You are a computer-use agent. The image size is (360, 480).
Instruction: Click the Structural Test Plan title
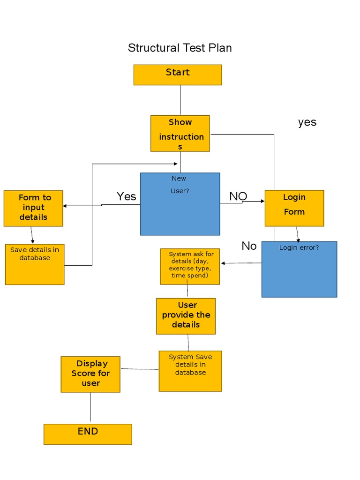(x=180, y=48)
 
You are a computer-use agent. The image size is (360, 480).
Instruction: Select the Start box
(x=178, y=75)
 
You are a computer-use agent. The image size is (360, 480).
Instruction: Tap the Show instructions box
(x=180, y=134)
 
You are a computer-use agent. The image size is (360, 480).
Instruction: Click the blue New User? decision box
(x=180, y=204)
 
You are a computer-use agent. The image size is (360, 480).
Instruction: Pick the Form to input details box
(x=33, y=208)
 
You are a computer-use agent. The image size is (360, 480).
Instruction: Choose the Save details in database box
(x=35, y=264)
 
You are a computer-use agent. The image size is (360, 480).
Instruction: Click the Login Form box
(x=294, y=208)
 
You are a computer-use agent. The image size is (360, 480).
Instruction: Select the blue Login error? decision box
(x=299, y=269)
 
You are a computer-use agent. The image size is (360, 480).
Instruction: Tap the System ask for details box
(x=190, y=267)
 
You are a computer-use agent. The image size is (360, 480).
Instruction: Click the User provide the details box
(x=186, y=316)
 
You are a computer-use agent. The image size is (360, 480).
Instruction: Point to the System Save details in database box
(x=190, y=371)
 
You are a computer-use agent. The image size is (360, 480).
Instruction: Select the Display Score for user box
(x=90, y=374)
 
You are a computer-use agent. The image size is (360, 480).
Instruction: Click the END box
(x=88, y=434)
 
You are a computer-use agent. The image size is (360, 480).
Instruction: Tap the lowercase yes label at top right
(x=307, y=122)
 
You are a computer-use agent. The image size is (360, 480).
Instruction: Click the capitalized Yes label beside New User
(x=126, y=196)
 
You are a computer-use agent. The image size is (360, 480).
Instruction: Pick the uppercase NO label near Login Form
(x=238, y=196)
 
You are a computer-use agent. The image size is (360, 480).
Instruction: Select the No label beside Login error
(x=249, y=246)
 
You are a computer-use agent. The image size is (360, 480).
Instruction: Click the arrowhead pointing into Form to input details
(x=65, y=206)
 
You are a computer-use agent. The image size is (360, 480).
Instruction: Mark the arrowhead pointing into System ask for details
(x=223, y=263)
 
